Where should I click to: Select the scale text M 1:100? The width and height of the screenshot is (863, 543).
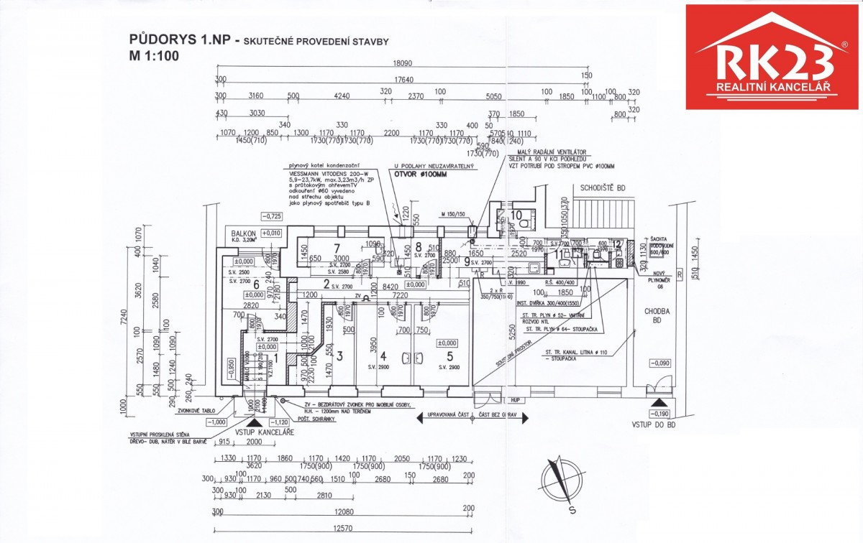point(153,55)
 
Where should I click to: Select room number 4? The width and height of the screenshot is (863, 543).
point(383,356)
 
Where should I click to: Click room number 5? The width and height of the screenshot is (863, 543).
point(450,356)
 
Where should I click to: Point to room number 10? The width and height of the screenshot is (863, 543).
point(516,215)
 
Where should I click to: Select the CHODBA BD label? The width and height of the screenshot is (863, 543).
point(657,315)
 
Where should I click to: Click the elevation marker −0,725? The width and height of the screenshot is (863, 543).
point(270,215)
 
